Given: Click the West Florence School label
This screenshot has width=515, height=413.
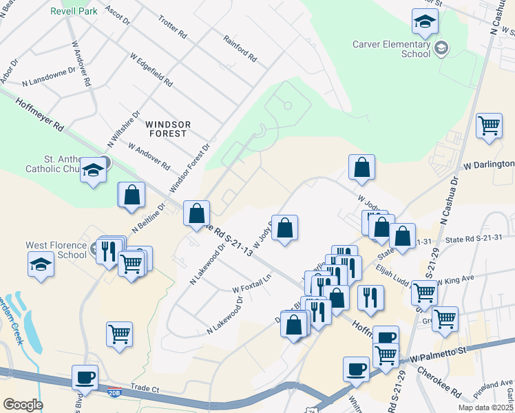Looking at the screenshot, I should [x=56, y=249].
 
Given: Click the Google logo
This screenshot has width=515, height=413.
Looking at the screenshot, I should [x=23, y=405].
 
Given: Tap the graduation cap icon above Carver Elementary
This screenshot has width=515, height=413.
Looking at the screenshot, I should [x=425, y=22].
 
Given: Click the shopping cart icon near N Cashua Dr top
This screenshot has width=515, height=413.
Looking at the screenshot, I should [x=489, y=126].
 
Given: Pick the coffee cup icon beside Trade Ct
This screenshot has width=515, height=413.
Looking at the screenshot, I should [x=85, y=377].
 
